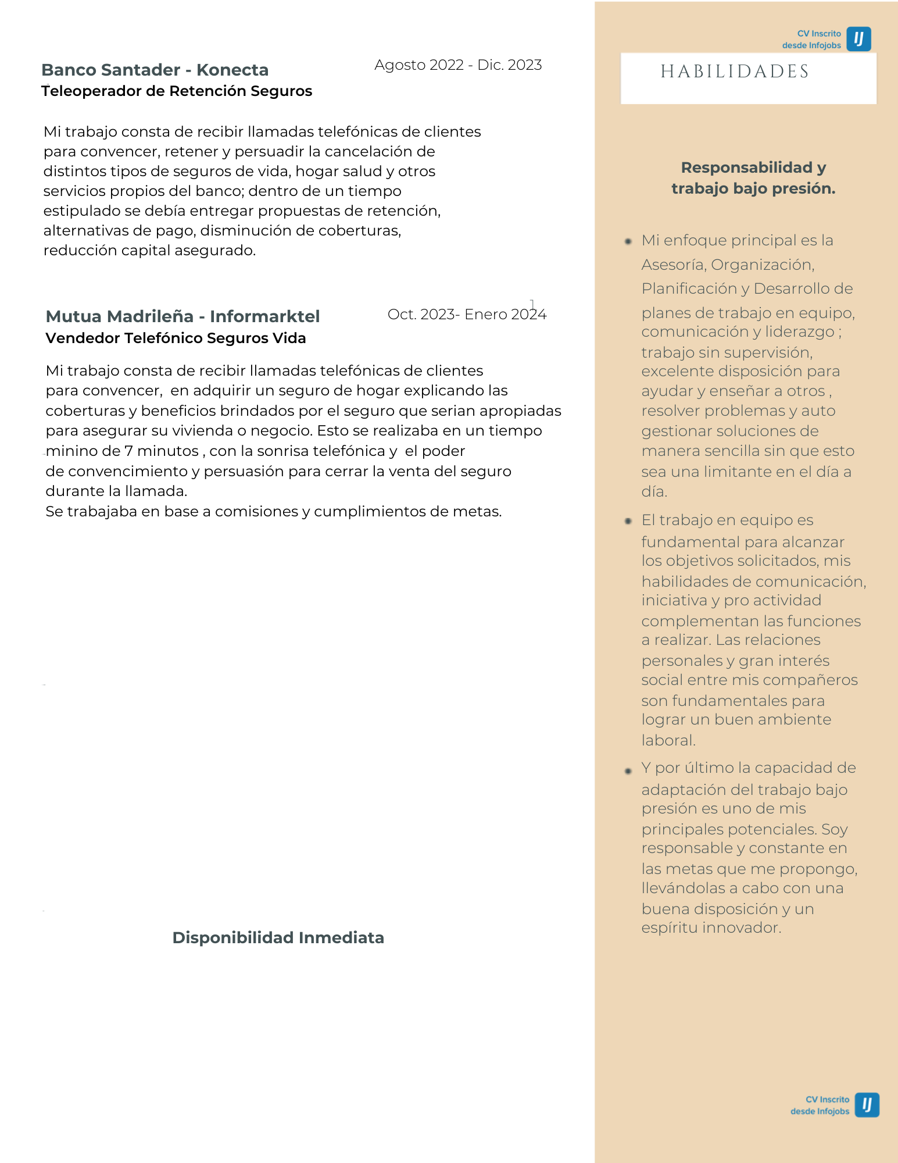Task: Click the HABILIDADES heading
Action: pos(735,72)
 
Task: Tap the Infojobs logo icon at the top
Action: pos(858,39)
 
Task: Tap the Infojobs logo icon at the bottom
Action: pos(867,1105)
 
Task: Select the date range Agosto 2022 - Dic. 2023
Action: pos(458,65)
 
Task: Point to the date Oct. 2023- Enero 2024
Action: pos(467,315)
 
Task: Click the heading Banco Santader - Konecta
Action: pos(155,70)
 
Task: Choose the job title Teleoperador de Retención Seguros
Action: pos(177,91)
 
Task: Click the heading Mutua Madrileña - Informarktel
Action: pos(183,316)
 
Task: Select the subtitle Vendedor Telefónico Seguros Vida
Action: pos(176,338)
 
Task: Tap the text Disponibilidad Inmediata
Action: pos(278,938)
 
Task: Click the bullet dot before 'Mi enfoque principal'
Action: pos(628,241)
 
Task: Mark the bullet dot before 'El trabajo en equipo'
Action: pos(628,521)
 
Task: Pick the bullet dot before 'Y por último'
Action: pos(628,771)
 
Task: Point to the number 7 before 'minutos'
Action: pos(128,451)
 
